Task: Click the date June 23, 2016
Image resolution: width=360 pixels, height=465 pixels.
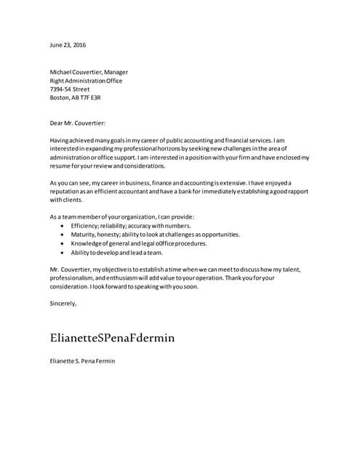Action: (x=68, y=45)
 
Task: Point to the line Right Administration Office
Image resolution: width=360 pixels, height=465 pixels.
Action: (x=86, y=81)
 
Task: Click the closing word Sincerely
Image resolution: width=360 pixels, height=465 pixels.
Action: (x=63, y=303)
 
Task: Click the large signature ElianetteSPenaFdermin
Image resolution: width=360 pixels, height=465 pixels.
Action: (x=112, y=338)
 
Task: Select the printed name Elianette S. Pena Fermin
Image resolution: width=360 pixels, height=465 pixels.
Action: (x=82, y=361)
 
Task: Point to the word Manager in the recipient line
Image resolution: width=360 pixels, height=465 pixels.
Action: (x=116, y=72)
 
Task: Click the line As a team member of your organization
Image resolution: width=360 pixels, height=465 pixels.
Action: (x=122, y=217)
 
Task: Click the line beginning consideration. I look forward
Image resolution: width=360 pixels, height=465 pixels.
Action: (x=124, y=286)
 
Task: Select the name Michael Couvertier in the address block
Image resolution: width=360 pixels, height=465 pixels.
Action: (x=75, y=72)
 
